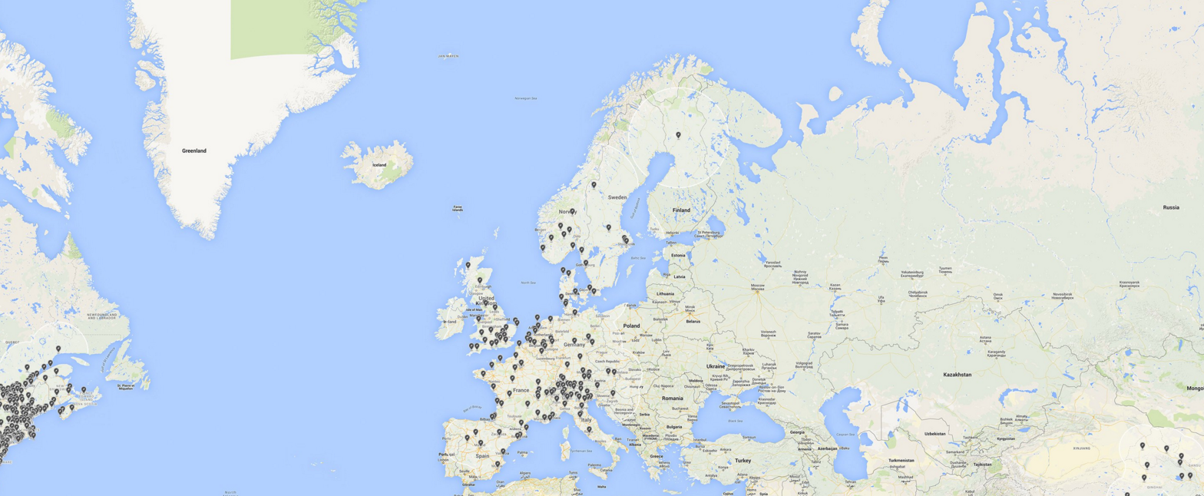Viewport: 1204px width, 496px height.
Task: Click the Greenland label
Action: [194, 151]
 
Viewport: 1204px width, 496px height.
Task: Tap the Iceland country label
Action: [379, 165]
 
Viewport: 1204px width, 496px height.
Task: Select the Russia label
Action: [1171, 207]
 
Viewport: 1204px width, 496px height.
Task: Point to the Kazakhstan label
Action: [957, 375]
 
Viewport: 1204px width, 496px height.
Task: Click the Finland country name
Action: [681, 210]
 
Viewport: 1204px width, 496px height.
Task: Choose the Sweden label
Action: [617, 197]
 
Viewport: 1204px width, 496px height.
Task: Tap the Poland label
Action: [631, 326]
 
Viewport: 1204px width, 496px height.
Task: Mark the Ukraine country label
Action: [715, 366]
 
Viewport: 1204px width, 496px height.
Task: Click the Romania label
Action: [672, 398]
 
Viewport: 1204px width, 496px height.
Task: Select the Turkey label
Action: [743, 461]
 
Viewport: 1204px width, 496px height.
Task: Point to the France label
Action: [521, 391]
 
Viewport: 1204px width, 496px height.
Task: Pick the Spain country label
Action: [482, 456]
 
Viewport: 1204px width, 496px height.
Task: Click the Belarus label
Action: [693, 322]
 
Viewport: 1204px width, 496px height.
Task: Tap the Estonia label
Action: [678, 256]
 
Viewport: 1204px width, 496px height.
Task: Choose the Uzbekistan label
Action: [935, 435]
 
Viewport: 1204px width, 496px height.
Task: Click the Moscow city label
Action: [758, 287]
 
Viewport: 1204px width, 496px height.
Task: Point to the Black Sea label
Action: [736, 421]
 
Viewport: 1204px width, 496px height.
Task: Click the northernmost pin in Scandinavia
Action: [678, 135]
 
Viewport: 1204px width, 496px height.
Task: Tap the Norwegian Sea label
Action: [526, 98]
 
